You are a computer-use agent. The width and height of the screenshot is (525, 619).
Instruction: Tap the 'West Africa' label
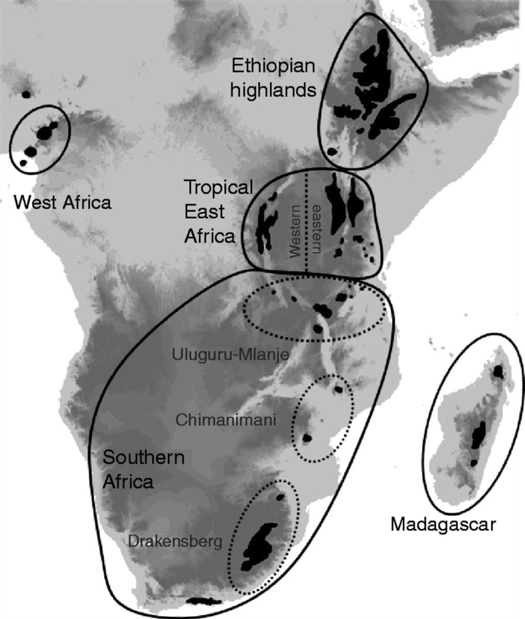[62, 202]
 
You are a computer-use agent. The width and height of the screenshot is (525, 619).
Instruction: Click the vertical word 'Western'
[295, 231]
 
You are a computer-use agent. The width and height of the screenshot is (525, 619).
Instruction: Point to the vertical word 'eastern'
[316, 230]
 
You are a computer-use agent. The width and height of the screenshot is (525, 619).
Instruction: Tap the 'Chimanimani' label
[226, 419]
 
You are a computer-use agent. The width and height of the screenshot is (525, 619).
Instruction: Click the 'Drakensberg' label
[175, 541]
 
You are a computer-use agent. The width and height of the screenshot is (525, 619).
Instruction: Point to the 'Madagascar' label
[442, 525]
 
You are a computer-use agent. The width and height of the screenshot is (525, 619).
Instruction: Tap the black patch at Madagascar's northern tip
[498, 371]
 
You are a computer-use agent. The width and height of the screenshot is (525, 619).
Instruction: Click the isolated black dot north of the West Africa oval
[26, 94]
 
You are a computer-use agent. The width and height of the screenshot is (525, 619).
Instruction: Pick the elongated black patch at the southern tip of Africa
[204, 601]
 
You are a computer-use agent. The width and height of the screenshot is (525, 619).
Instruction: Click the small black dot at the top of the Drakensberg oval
[280, 497]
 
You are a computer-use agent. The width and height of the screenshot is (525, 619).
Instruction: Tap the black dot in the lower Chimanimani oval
[307, 438]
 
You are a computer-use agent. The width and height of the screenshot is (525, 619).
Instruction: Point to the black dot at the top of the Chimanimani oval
[338, 389]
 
